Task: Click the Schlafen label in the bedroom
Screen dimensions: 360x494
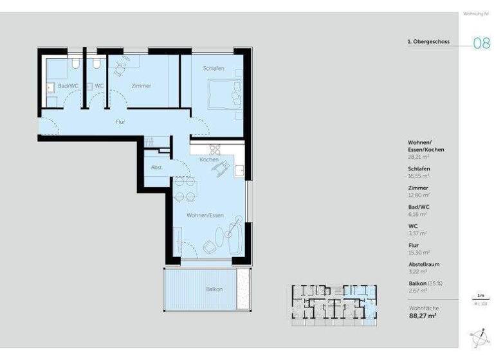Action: point(214,69)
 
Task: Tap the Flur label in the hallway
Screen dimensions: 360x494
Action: point(120,121)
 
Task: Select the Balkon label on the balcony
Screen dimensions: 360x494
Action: point(214,289)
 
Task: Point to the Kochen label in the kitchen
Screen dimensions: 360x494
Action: point(208,159)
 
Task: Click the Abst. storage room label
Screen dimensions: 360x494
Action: point(156,167)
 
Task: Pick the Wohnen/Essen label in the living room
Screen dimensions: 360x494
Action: point(205,215)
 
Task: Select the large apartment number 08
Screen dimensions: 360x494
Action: point(482,44)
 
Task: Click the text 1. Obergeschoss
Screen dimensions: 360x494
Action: point(428,42)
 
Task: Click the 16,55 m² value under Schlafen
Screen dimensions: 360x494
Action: point(419,175)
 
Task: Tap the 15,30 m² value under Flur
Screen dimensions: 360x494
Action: point(419,253)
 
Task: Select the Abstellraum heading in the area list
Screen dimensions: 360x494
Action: point(424,264)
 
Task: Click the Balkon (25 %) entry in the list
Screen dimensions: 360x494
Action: point(425,283)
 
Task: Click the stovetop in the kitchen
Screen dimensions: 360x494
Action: point(215,149)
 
